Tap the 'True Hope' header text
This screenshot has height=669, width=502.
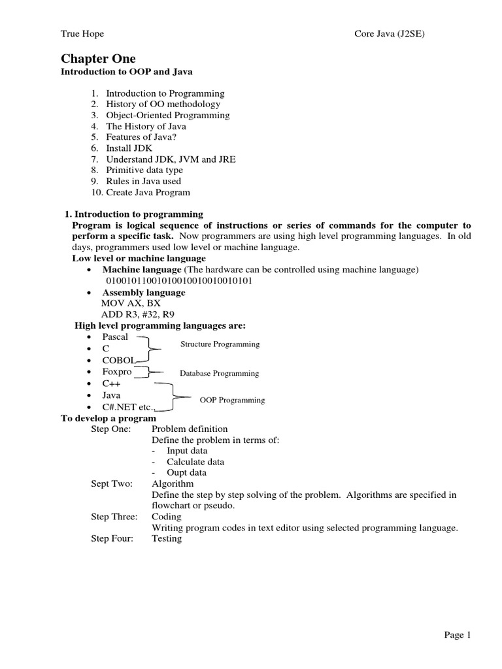pyautogui.click(x=82, y=34)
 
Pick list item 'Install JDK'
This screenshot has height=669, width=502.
pyautogui.click(x=130, y=148)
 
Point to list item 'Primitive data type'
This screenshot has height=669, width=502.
pyautogui.click(x=144, y=170)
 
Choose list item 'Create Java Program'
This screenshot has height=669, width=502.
pyautogui.click(x=148, y=192)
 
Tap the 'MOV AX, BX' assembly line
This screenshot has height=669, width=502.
pyautogui.click(x=131, y=304)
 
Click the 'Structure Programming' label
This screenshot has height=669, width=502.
pyautogui.click(x=220, y=344)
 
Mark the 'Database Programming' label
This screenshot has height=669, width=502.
pyautogui.click(x=220, y=374)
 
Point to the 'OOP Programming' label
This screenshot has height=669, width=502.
pyautogui.click(x=231, y=400)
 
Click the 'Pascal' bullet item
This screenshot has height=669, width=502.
pyautogui.click(x=115, y=337)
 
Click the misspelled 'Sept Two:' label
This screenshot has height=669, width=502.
pyautogui.click(x=112, y=483)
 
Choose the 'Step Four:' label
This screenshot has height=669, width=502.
pyautogui.click(x=113, y=539)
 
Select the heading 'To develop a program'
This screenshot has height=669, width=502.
pyautogui.click(x=109, y=418)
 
